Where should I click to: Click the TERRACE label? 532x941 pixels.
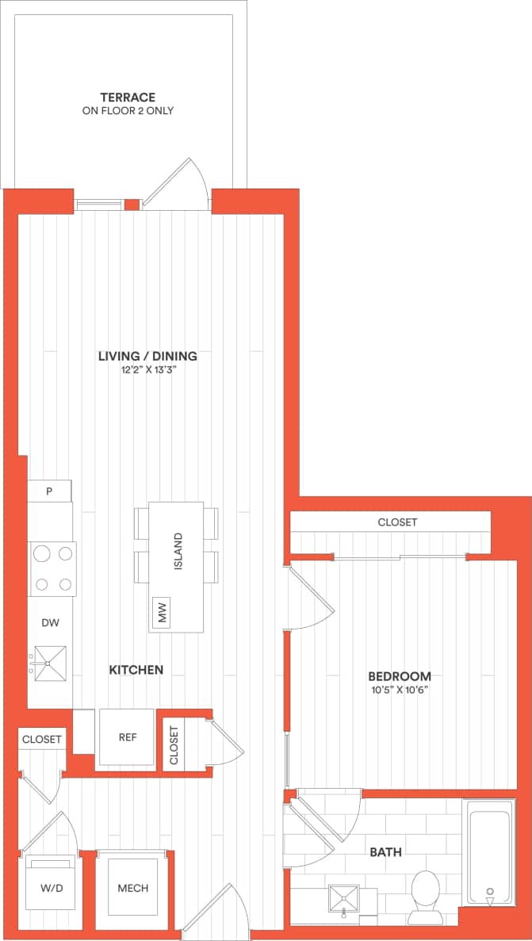click(x=128, y=98)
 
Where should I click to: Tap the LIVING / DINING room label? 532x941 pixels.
click(x=147, y=356)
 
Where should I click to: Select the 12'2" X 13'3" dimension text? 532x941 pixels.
click(x=147, y=370)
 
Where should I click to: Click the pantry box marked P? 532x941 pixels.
click(x=49, y=491)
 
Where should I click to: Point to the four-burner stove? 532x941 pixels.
click(x=53, y=568)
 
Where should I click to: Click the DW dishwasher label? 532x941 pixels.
click(x=50, y=623)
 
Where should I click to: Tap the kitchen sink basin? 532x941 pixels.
click(x=50, y=660)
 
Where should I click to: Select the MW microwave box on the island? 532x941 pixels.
click(x=163, y=613)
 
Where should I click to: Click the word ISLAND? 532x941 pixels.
click(x=178, y=553)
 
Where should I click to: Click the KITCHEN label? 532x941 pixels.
click(x=136, y=670)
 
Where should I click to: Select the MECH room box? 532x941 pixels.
click(x=132, y=889)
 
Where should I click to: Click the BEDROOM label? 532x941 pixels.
click(x=400, y=676)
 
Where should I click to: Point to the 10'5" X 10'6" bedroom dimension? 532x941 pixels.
click(x=400, y=690)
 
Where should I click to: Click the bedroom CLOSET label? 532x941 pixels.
click(x=397, y=522)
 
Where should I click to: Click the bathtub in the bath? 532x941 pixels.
click(x=489, y=852)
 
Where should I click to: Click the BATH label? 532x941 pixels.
click(x=385, y=852)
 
